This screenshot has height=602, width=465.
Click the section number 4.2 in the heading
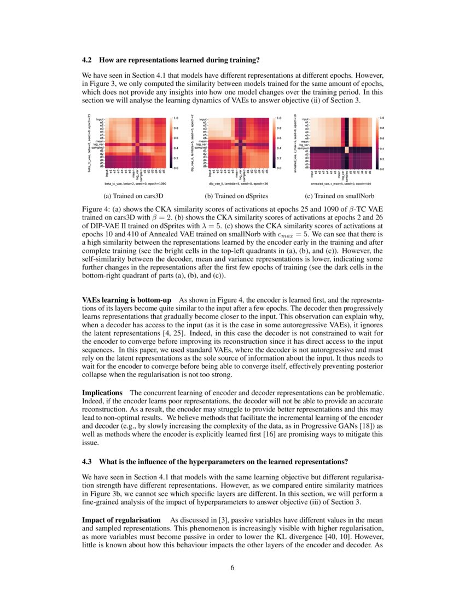pos(88,59)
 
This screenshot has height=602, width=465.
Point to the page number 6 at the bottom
pos(232,567)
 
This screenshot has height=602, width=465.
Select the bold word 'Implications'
pos(102,393)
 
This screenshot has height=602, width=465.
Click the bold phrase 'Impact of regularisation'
pos(121,519)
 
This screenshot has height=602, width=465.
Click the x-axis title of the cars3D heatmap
pos(135,184)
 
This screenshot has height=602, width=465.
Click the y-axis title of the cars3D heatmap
pos(89,143)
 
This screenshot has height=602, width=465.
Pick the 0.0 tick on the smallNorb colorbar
pos(381,169)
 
